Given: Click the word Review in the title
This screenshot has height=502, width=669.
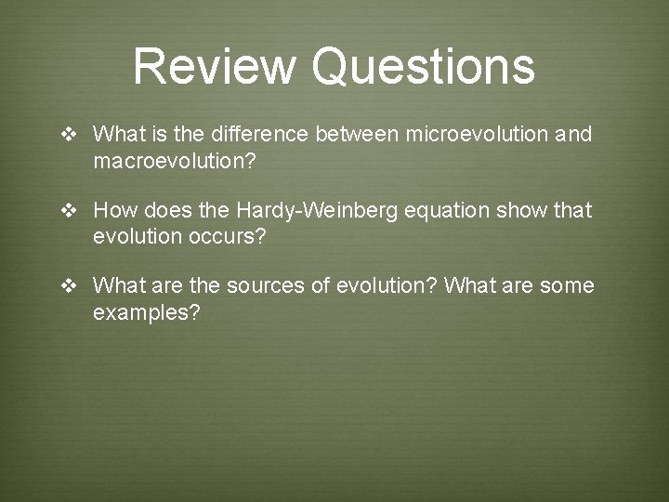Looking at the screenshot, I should (216, 67).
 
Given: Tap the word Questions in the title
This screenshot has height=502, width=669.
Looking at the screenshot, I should (424, 67).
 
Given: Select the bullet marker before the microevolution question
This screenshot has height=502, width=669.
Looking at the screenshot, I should (69, 135).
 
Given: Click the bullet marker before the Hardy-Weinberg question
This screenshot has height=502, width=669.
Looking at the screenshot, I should (69, 211).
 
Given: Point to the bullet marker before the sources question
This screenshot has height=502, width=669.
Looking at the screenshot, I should (69, 286).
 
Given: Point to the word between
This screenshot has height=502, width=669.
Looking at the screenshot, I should (357, 135).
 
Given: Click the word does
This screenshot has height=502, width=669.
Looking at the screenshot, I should (163, 211).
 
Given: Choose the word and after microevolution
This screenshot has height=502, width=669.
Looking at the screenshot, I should (573, 135).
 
